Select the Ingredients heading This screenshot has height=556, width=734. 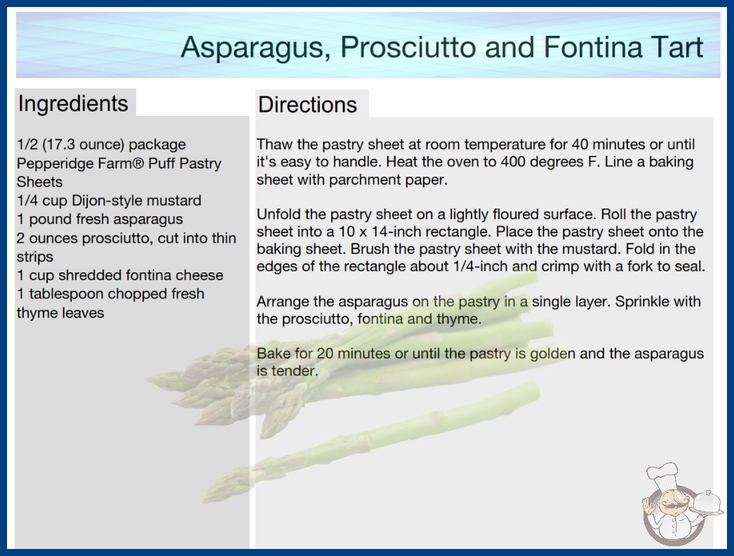point(73,104)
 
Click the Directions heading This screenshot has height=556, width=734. point(307,105)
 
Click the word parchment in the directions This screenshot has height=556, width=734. point(363,180)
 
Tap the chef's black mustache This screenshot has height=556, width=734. point(674,505)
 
